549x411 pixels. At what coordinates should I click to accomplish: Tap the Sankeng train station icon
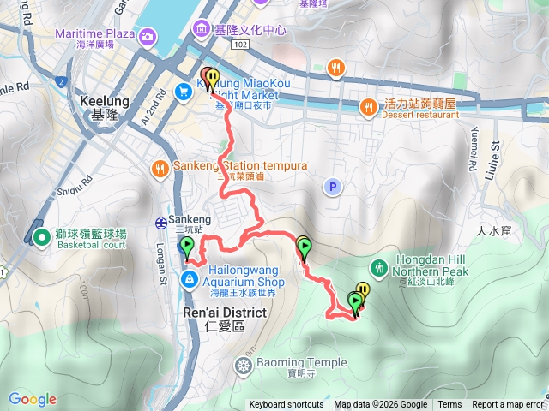click(160, 223)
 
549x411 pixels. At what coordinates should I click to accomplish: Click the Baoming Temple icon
click(244, 366)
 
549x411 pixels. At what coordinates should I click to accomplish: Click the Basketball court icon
click(41, 235)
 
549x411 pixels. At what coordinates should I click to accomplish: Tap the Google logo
click(33, 399)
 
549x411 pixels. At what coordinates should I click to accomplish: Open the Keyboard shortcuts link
click(287, 405)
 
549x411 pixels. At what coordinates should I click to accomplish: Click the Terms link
click(449, 405)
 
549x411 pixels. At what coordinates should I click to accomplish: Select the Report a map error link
click(508, 405)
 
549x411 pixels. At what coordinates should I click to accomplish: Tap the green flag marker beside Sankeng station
click(187, 249)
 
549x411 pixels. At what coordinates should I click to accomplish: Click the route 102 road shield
click(240, 43)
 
